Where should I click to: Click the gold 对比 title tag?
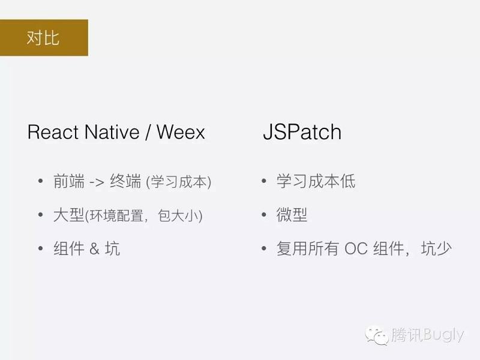[44, 37]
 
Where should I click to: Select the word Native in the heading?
[111, 133]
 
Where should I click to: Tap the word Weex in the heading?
[181, 133]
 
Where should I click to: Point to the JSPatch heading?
[302, 133]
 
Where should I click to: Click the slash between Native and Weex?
[146, 133]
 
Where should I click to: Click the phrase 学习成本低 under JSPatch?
[316, 182]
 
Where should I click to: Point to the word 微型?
[292, 215]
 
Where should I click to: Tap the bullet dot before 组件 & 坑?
[40, 248]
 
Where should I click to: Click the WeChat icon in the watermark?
[378, 334]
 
